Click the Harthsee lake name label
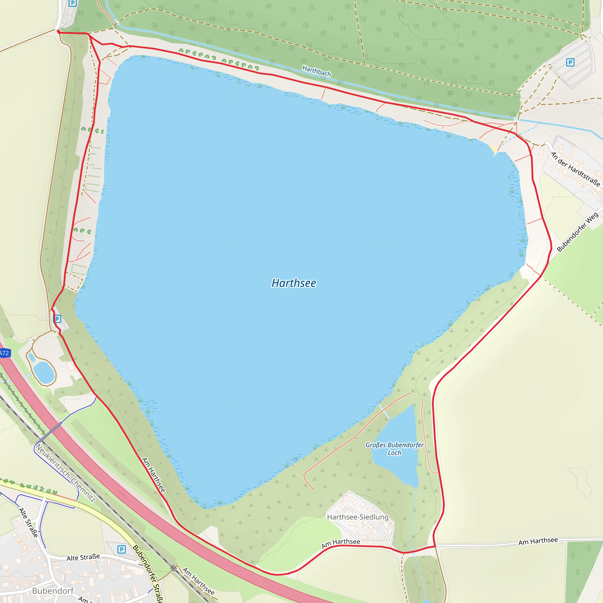coord(294,283)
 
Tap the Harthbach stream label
coord(317,71)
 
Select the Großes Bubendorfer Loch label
coord(395,449)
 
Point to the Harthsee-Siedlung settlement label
coord(358,517)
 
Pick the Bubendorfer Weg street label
coord(577,232)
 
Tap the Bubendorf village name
coord(53,591)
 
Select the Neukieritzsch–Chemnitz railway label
coord(66,473)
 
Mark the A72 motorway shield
coord(4,353)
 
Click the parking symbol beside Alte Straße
coord(121,549)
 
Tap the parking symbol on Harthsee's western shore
coord(57,319)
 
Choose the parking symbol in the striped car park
coord(570,62)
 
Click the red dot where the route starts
coord(59,32)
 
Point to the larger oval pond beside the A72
coord(44,372)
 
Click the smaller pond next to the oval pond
coord(32,357)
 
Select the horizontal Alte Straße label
coord(83,557)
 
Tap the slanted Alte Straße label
coord(28,523)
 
